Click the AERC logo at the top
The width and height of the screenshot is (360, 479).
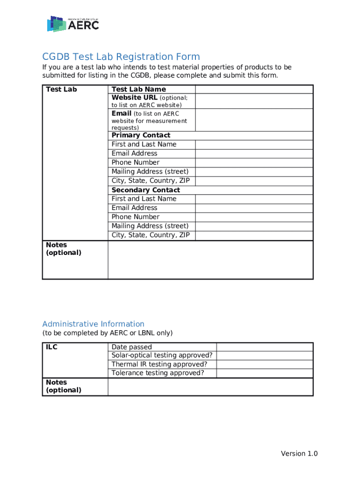[x=73, y=24]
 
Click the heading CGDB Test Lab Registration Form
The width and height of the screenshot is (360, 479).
[x=121, y=57]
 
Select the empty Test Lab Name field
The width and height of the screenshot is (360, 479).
[x=253, y=89]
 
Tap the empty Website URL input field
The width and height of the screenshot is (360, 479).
[x=253, y=101]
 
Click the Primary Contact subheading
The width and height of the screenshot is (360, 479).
[x=141, y=135]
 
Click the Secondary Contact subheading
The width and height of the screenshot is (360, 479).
[x=145, y=190]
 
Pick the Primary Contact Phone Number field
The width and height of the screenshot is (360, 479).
[x=253, y=163]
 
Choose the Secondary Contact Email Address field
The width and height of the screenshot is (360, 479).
[x=253, y=208]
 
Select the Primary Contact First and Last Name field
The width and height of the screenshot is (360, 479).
[x=253, y=145]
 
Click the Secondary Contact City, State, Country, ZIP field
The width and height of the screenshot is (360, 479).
[x=253, y=235]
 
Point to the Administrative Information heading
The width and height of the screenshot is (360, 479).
[x=93, y=324]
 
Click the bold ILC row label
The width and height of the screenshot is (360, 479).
[x=51, y=347]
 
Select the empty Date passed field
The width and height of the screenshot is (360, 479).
[x=264, y=347]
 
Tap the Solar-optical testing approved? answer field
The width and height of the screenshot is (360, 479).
[x=264, y=356]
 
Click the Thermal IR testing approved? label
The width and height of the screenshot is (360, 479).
[x=159, y=364]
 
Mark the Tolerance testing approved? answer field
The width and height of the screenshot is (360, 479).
[x=264, y=373]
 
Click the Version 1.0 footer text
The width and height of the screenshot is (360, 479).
[x=299, y=454]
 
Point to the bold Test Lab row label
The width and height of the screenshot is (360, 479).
[x=61, y=89]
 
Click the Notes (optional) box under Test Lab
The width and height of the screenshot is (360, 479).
[x=210, y=260]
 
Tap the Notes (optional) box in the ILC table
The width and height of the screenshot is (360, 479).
[x=210, y=387]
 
